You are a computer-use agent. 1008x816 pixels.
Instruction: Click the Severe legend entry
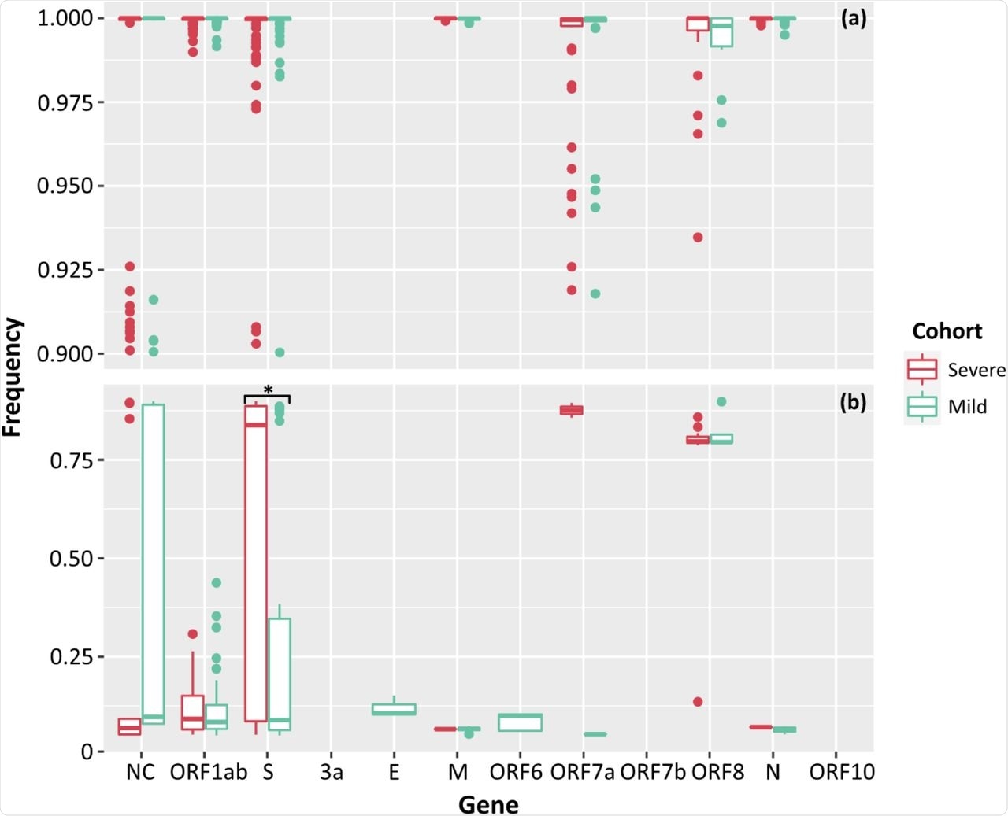(976, 370)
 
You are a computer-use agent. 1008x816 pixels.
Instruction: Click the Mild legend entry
(967, 406)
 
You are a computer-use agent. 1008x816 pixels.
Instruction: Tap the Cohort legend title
(947, 331)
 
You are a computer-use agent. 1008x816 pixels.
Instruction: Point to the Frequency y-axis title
(13, 376)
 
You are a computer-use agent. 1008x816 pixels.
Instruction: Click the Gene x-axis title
(488, 804)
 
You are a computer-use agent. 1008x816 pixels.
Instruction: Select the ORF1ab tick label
(208, 772)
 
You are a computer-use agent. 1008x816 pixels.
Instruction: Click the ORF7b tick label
(653, 772)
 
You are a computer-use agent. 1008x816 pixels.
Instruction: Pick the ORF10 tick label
(842, 772)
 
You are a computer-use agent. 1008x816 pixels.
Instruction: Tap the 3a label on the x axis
(332, 772)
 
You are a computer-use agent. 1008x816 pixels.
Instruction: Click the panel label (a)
(853, 18)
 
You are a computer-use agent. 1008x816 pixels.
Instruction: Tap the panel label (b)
(853, 402)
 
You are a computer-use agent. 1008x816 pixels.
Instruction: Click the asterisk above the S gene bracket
(268, 390)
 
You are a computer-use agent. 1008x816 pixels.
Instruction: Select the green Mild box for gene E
(394, 709)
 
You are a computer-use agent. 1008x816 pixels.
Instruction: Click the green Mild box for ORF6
(521, 722)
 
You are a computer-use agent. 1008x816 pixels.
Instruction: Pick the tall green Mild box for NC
(154, 563)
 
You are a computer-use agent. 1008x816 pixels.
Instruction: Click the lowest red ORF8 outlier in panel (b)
(698, 701)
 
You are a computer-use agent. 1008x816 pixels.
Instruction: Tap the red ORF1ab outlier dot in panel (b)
(192, 634)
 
